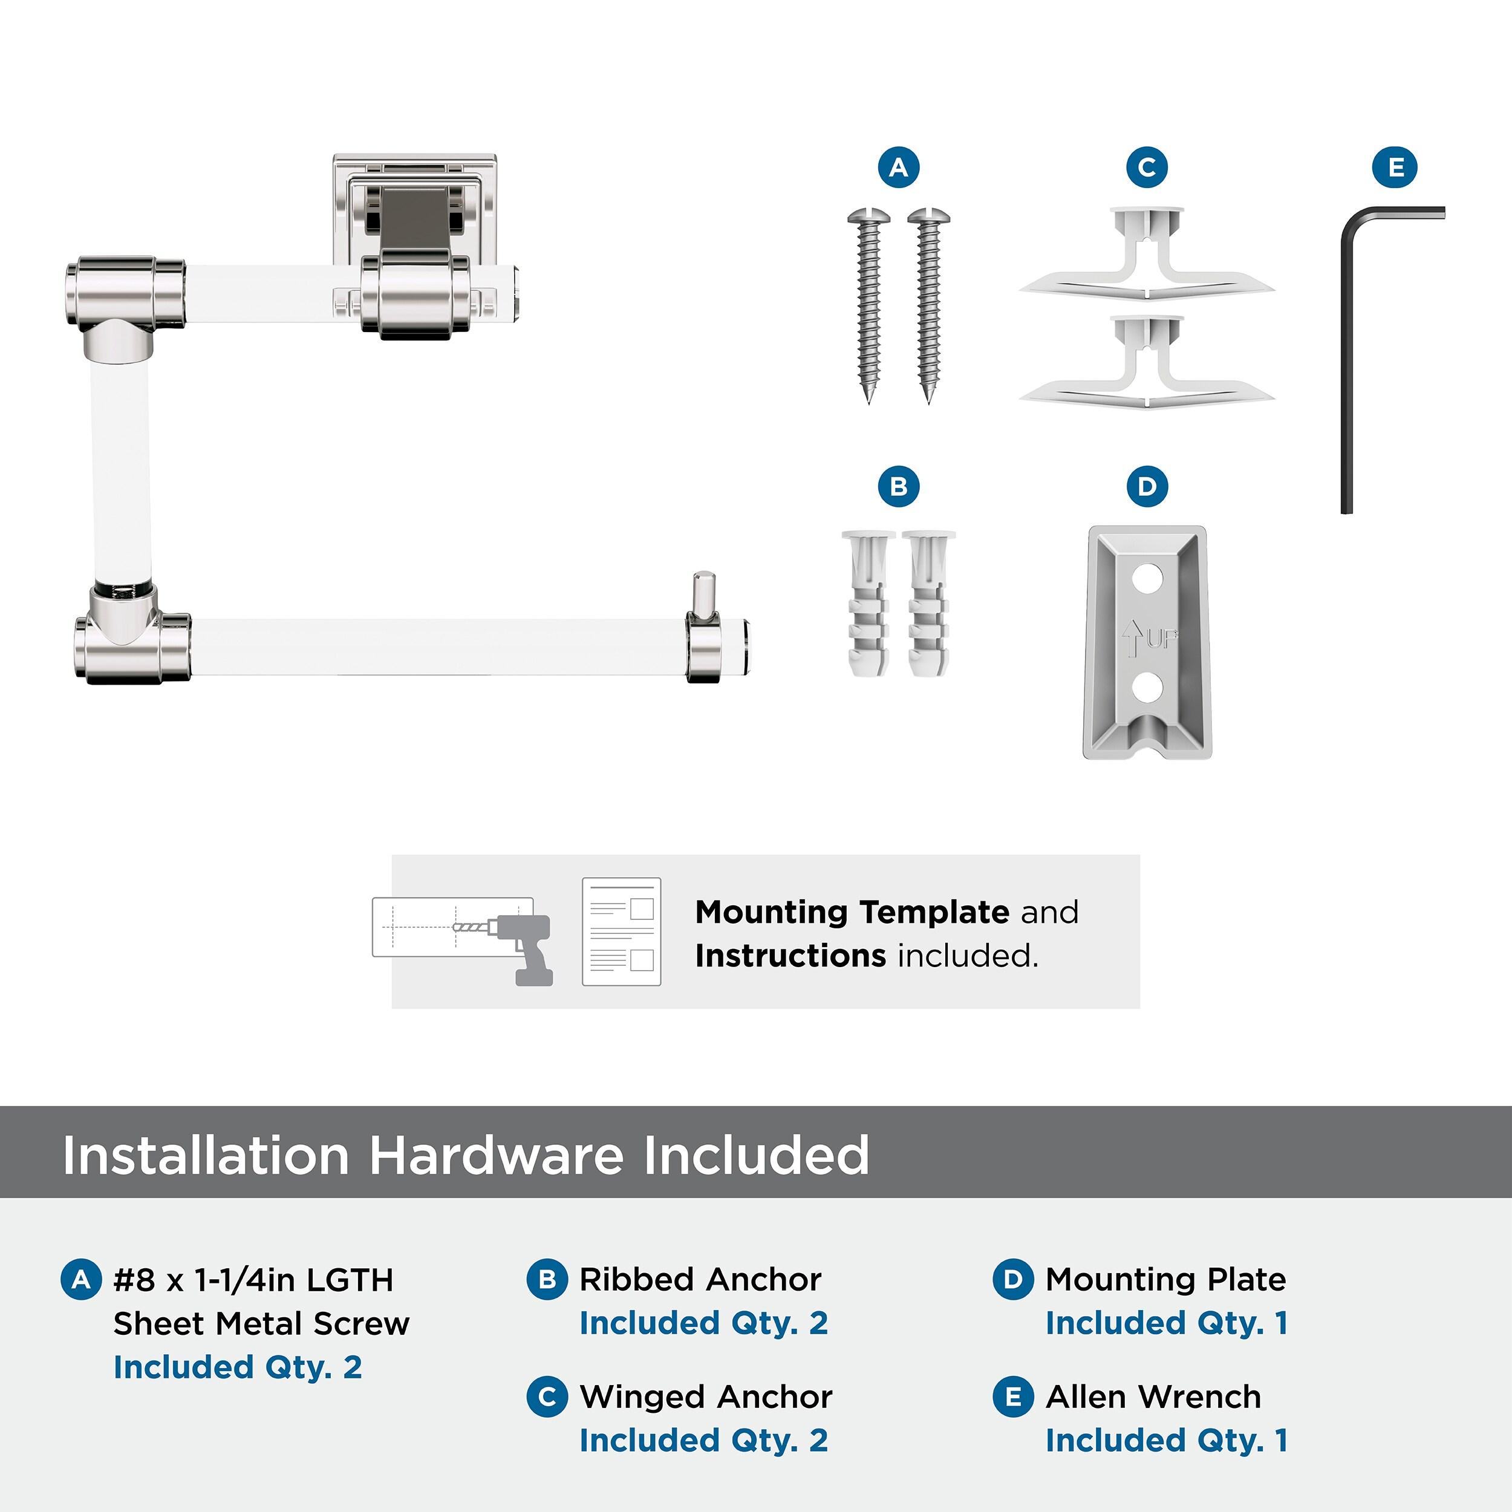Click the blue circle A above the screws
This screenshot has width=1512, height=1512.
(899, 168)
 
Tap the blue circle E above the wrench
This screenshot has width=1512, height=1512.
(1395, 168)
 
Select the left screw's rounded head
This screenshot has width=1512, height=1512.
(868, 216)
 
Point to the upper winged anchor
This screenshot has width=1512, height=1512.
(1147, 252)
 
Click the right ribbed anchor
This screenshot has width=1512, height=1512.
(928, 604)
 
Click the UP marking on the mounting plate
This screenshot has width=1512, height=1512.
(1149, 639)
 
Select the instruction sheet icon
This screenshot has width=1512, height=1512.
(621, 931)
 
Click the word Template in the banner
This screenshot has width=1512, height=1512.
(935, 913)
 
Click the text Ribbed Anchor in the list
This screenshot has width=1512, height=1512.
(700, 1280)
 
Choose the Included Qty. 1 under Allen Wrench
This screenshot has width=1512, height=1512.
(1166, 1440)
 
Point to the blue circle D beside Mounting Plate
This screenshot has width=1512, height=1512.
(1012, 1280)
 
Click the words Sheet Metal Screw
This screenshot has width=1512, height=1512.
(261, 1324)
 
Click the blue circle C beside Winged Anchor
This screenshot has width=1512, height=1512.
(547, 1397)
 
